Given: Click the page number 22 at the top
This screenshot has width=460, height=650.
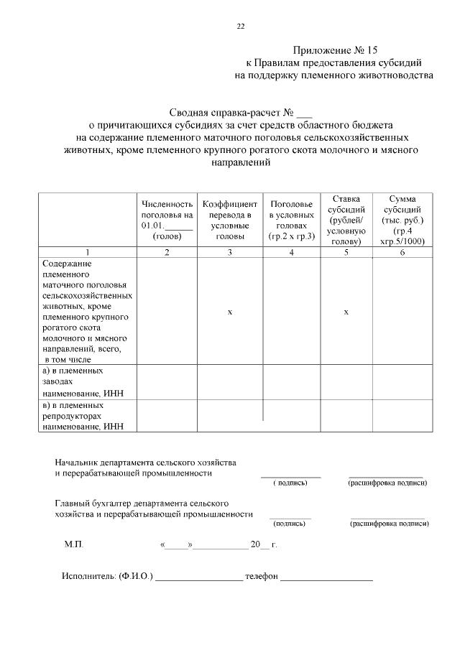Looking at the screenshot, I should pyautogui.click(x=240, y=27).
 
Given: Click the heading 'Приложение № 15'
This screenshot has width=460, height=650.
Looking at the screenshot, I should pyautogui.click(x=334, y=50).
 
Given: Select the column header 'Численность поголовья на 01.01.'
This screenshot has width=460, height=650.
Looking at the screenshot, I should pyautogui.click(x=167, y=220).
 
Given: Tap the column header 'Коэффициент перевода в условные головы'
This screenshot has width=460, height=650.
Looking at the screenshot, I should pyautogui.click(x=229, y=220).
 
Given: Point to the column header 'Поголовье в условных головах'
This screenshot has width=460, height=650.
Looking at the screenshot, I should pyautogui.click(x=291, y=220).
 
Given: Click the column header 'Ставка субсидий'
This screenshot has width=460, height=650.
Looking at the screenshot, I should pyautogui.click(x=346, y=220).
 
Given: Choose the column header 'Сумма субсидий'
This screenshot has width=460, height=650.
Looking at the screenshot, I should pyautogui.click(x=402, y=220).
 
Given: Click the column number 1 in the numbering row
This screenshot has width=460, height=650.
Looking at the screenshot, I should pyautogui.click(x=87, y=252).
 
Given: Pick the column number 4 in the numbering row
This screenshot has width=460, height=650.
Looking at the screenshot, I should pyautogui.click(x=291, y=252).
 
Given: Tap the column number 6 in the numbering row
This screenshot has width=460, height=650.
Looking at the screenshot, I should pyautogui.click(x=402, y=252).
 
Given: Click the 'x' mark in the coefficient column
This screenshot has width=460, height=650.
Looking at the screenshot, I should pyautogui.click(x=229, y=312).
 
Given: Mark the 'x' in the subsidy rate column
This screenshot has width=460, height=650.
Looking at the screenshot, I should pyautogui.click(x=346, y=312).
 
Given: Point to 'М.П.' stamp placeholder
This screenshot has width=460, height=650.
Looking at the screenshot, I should pyautogui.click(x=74, y=545).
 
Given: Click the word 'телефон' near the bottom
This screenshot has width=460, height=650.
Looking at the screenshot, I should pyautogui.click(x=261, y=577).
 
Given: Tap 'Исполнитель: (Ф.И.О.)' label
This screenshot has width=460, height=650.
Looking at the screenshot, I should pyautogui.click(x=107, y=577).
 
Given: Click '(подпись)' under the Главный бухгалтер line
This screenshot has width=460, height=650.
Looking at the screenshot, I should pyautogui.click(x=290, y=524).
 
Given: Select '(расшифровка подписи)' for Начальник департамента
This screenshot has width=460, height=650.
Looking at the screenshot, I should pyautogui.click(x=387, y=483).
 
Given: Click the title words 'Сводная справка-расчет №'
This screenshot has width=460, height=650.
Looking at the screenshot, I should pyautogui.click(x=232, y=112).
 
